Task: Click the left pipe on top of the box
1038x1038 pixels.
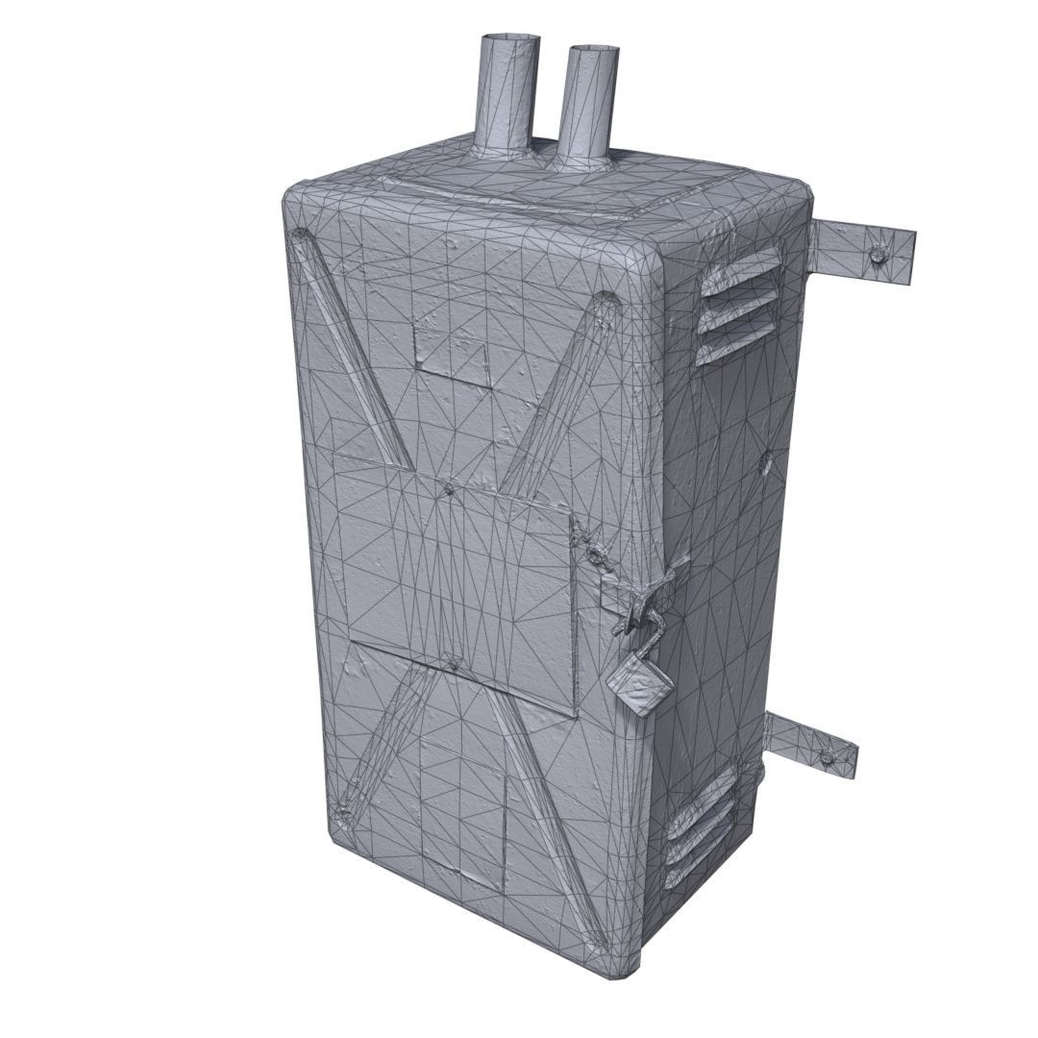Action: [x=507, y=91]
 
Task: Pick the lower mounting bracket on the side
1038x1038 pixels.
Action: [x=811, y=746]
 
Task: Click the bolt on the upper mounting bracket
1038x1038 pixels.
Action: [x=879, y=255]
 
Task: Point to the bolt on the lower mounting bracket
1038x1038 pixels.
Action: [x=827, y=756]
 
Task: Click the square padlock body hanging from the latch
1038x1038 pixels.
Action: [x=638, y=686]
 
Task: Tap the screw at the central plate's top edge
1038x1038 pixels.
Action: [x=450, y=489]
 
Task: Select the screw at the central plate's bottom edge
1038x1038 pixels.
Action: [x=455, y=662]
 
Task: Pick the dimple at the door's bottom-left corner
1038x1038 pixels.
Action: [x=340, y=812]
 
